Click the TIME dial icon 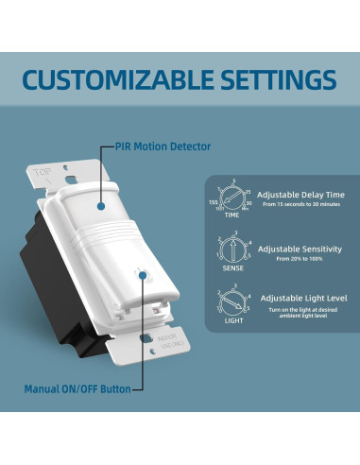(230, 198)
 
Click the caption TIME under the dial (230, 215)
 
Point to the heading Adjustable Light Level (303, 299)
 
